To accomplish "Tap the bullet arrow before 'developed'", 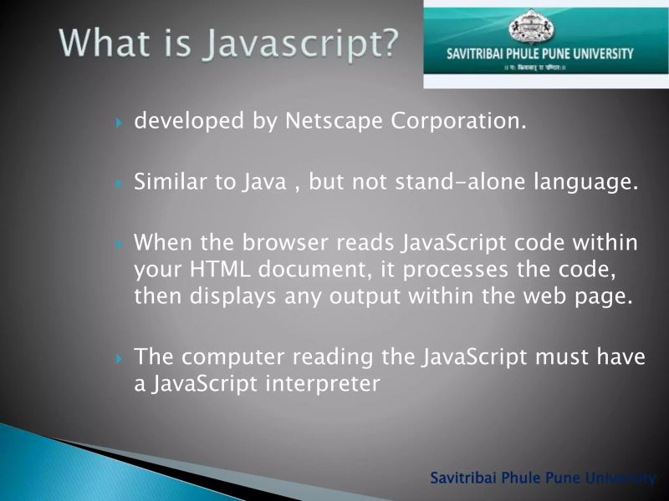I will coord(119,123).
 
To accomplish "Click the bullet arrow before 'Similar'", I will coord(119,183).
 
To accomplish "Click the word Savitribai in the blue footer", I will coord(463,478).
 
